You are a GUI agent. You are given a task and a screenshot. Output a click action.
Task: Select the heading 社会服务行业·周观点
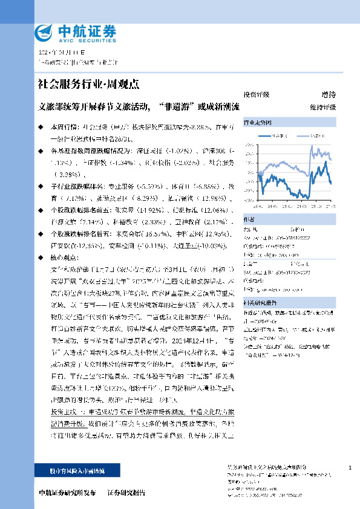[88, 84]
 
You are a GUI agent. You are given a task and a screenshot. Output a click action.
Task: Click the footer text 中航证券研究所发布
[67, 493]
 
